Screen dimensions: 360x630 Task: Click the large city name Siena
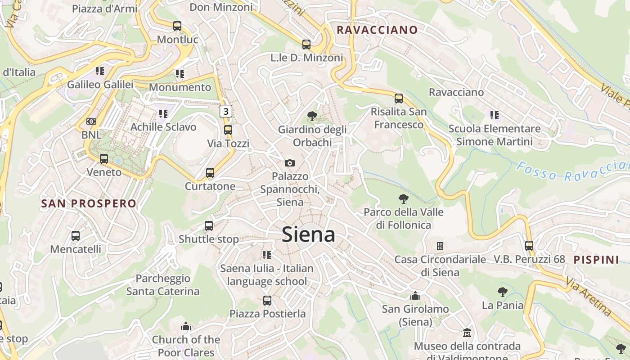(x=309, y=235)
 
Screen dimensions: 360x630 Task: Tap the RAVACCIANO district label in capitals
(x=377, y=30)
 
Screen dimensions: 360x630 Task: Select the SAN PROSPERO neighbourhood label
(x=89, y=203)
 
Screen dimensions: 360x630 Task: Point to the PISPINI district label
(x=596, y=260)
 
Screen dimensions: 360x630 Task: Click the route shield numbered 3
(x=226, y=111)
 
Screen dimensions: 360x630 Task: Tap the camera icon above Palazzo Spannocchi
(x=290, y=163)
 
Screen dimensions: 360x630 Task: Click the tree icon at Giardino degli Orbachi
(x=312, y=116)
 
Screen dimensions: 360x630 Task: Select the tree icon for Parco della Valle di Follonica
(x=404, y=198)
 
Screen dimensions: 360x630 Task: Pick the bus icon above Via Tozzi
(x=228, y=130)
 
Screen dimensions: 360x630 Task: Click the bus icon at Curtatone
(x=210, y=173)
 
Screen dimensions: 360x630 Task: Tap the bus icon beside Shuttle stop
(x=209, y=226)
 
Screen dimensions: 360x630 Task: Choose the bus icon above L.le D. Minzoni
(x=306, y=45)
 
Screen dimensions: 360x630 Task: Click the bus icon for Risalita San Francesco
(x=399, y=99)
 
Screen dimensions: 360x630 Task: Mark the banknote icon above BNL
(x=91, y=121)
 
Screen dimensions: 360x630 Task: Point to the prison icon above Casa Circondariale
(x=440, y=246)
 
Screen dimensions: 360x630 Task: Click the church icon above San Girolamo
(x=415, y=296)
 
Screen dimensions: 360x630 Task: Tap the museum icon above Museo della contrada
(x=467, y=333)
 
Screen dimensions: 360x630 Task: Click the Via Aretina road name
(x=589, y=297)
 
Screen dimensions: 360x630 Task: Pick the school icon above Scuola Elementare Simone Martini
(x=495, y=115)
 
